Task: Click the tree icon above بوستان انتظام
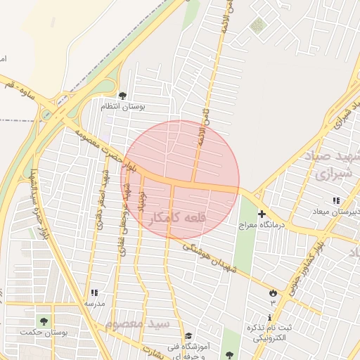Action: [x=122, y=96]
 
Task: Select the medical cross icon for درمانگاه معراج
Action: [x=262, y=214]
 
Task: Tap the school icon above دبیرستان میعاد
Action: [x=335, y=201]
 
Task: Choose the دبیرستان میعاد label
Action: [x=336, y=212]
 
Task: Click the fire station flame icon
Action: [x=273, y=292]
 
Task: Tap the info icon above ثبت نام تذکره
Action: [x=269, y=318]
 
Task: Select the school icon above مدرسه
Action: [x=94, y=293]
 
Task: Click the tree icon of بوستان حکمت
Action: [x=44, y=321]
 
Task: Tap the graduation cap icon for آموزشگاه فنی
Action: [x=188, y=336]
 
